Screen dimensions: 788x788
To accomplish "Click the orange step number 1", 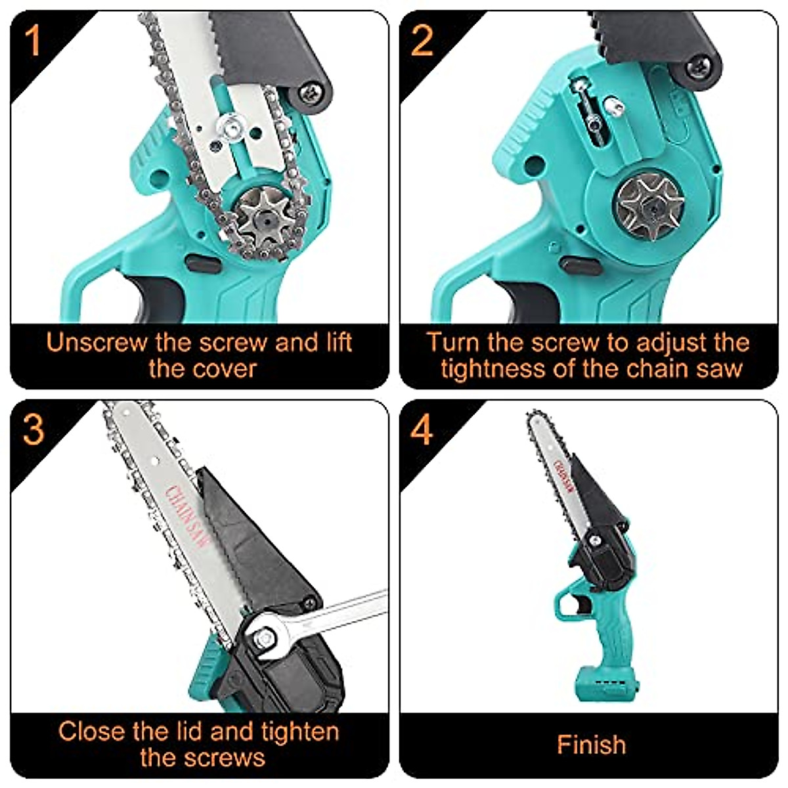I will click(33, 41).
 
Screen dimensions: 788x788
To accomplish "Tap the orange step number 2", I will click(422, 41).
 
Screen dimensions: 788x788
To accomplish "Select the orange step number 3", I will click(33, 429).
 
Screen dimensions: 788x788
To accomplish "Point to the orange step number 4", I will click(422, 429).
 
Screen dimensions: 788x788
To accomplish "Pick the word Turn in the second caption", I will click(454, 343).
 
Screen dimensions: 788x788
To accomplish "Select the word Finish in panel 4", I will click(591, 745).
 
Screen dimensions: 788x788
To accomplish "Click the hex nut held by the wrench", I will click(265, 636).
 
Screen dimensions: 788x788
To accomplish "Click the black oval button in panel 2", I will click(580, 266).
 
